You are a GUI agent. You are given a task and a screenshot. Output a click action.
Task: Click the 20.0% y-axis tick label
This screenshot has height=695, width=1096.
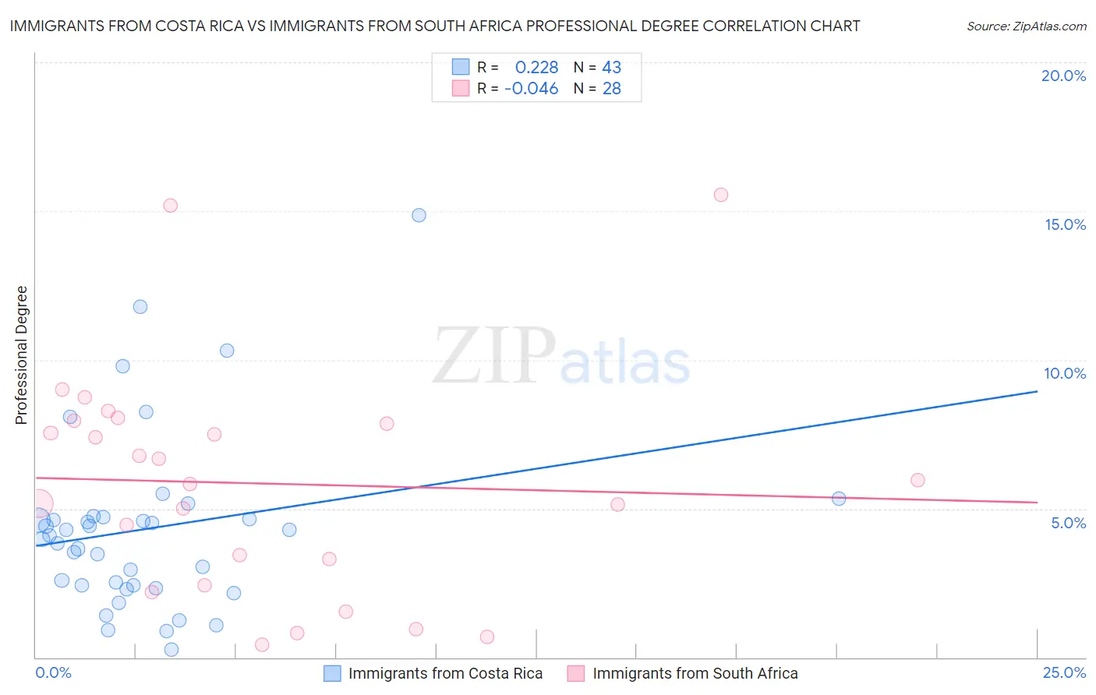tap(1063, 76)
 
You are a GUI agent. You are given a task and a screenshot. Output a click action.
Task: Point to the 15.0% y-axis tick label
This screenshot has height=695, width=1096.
tap(1065, 224)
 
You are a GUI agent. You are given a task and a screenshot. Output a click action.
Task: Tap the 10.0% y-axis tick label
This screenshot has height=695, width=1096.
tap(1065, 373)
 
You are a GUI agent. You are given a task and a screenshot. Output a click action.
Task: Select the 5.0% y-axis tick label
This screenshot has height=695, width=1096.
tap(1068, 523)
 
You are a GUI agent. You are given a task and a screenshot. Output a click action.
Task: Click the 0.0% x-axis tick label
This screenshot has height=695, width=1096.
tap(53, 672)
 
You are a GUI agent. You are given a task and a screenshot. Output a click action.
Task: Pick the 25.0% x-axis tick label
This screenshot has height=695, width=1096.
tap(1064, 672)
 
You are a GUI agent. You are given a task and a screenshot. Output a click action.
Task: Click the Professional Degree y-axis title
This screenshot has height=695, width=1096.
tap(21, 355)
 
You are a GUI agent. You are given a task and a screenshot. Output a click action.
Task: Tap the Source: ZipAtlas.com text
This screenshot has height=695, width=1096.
tap(1026, 26)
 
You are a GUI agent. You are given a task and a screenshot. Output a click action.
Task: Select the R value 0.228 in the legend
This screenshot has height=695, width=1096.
tap(536, 68)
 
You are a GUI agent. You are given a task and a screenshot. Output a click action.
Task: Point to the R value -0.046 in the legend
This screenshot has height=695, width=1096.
tap(531, 89)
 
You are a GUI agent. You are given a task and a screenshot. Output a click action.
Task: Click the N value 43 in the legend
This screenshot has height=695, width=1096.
tap(611, 68)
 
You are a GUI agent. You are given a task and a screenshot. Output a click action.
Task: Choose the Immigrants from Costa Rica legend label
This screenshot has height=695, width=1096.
tap(445, 673)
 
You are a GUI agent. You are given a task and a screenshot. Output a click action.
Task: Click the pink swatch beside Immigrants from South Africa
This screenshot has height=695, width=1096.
tap(576, 673)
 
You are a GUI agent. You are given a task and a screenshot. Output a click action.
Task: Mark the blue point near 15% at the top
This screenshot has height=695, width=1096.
tap(419, 215)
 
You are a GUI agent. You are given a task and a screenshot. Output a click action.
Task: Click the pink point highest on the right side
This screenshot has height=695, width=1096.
tap(721, 195)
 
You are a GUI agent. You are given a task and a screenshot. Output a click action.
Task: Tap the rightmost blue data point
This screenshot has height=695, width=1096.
tap(839, 499)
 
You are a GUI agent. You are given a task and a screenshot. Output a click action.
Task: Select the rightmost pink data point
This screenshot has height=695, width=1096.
tap(917, 480)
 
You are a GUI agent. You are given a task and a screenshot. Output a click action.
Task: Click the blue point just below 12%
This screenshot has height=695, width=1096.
tap(140, 307)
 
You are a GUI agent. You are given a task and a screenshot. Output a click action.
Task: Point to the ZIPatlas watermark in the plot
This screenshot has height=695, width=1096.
tap(561, 357)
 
